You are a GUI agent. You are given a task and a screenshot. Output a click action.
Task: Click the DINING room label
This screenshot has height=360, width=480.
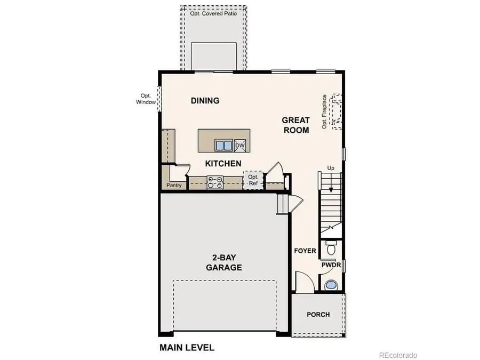[205, 100]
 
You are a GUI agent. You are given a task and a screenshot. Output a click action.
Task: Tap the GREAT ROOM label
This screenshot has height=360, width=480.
[296, 125]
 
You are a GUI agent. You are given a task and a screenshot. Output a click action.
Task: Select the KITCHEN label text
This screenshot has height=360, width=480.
[223, 163]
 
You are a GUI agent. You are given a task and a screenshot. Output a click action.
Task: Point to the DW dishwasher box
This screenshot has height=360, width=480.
[240, 145]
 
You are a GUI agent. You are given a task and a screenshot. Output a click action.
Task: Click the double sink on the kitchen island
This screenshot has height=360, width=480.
[223, 145]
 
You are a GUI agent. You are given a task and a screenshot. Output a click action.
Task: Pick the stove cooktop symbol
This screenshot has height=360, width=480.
[214, 182]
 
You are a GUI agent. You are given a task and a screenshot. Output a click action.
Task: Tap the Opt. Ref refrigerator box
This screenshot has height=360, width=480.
[253, 180]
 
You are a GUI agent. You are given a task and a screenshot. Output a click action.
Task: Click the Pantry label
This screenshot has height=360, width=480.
[173, 186]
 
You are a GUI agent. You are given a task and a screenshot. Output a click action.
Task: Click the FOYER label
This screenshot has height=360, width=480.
[305, 251]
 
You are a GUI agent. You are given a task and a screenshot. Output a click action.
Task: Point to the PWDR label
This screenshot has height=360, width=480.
[331, 265]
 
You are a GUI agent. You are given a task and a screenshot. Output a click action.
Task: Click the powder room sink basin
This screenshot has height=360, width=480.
[331, 284]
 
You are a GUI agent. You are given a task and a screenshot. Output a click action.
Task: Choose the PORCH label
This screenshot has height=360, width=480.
[318, 314]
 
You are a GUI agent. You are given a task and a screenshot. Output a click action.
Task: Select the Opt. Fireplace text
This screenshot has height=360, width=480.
[324, 112]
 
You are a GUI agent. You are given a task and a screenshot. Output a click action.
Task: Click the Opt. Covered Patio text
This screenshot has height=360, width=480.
[213, 14]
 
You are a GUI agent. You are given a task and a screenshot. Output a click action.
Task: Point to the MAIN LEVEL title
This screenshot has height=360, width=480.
[187, 348]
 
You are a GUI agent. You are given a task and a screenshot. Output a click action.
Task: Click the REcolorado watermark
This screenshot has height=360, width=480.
[398, 355]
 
